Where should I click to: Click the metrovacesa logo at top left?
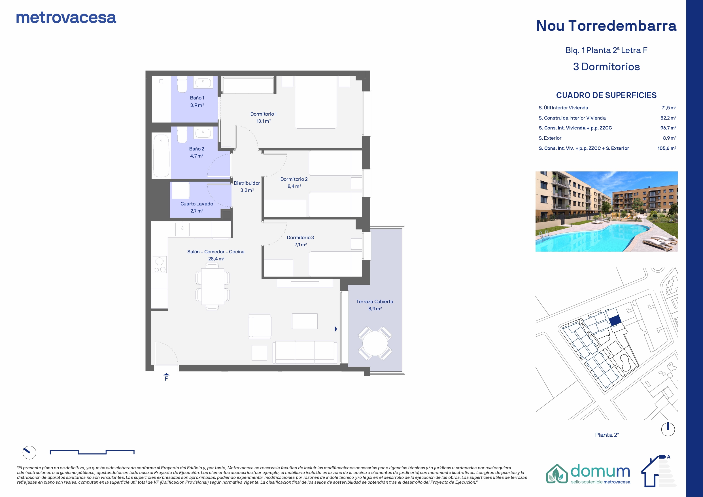pyautogui.click(x=66, y=18)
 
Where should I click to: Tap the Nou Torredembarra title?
pyautogui.click(x=606, y=26)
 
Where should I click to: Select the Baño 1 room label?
pyautogui.click(x=197, y=98)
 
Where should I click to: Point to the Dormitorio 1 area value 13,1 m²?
pyautogui.click(x=264, y=121)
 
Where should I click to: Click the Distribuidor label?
pyautogui.click(x=247, y=183)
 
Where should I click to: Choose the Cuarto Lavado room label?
pyautogui.click(x=197, y=204)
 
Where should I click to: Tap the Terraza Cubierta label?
pyautogui.click(x=375, y=302)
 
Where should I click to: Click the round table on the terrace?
pyautogui.click(x=375, y=343)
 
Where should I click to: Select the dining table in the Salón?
pyautogui.click(x=213, y=286)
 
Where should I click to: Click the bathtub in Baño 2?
pyautogui.click(x=161, y=156)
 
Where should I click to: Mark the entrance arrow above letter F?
pyautogui.click(x=166, y=374)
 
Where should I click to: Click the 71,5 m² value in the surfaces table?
pyautogui.click(x=669, y=108)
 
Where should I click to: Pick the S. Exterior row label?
pyautogui.click(x=550, y=138)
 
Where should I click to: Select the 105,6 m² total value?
pyautogui.click(x=667, y=148)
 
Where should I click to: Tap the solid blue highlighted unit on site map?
pyautogui.click(x=615, y=321)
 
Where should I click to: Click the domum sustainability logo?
pyautogui.click(x=588, y=474)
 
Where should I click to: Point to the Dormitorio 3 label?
pyautogui.click(x=300, y=238)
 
